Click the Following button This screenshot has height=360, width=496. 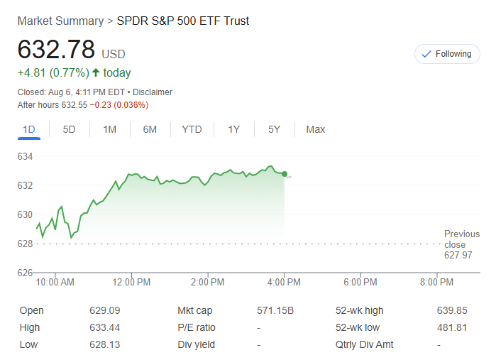tap(447, 54)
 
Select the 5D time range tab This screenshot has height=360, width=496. tap(70, 129)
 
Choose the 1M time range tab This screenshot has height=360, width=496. tap(109, 129)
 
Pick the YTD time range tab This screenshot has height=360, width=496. tap(192, 129)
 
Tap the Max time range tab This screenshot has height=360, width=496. tap(315, 129)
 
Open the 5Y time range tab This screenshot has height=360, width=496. tap(274, 129)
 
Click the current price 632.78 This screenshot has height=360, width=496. tap(56, 50)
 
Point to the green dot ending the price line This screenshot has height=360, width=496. tap(285, 174)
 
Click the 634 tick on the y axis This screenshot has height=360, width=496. tap(26, 156)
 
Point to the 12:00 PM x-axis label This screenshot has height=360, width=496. tap(131, 282)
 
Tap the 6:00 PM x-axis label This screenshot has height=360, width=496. tap(360, 282)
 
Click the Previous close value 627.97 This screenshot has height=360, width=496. tap(458, 255)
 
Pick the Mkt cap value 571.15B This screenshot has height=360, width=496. tap(275, 310)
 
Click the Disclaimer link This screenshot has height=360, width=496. tap(153, 92)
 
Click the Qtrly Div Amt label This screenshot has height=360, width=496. tap(365, 344)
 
